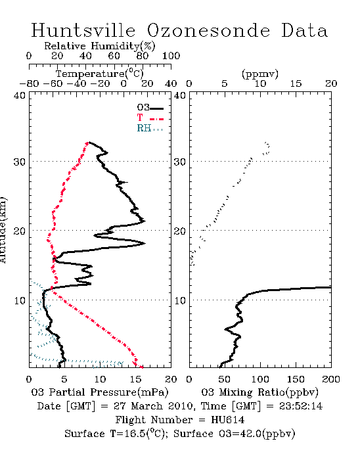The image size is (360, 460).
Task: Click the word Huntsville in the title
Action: (83, 30)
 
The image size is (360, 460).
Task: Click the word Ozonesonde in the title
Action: (208, 30)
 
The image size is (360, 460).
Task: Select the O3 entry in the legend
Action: (150, 108)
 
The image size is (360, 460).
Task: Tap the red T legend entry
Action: (150, 118)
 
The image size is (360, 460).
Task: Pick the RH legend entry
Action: (150, 128)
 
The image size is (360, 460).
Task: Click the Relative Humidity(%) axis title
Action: (100, 46)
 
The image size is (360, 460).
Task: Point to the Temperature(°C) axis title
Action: (100, 74)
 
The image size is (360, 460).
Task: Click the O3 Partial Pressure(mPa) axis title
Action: (100, 392)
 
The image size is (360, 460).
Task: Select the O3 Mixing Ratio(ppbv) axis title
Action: (259, 392)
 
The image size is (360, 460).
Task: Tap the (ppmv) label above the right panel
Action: (260, 74)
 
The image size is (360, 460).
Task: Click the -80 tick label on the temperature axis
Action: (29, 84)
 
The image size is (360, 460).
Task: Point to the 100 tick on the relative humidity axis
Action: (171, 56)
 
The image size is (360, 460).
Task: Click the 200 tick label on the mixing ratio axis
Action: (331, 379)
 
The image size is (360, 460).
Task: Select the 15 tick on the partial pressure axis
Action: (135, 379)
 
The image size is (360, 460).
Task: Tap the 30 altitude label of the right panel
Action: (180, 162)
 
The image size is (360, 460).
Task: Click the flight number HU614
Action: (227, 420)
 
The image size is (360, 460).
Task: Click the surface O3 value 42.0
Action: (250, 434)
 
